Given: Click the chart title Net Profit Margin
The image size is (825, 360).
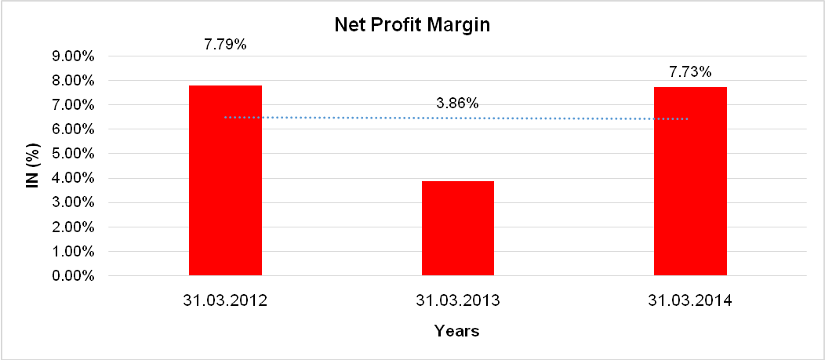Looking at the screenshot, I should pos(412,25).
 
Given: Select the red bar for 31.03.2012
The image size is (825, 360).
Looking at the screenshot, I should pos(225,180).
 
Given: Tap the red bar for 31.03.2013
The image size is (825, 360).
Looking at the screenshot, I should pos(458,228).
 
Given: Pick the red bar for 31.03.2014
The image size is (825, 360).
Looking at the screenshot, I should pos(690,181).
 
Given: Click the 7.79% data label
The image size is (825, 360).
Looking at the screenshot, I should pos(225,45).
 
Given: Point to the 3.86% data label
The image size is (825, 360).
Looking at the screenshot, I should pos(458,103).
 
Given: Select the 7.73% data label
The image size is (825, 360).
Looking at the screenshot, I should pos(690,72).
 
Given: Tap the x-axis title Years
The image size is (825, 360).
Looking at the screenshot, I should pos(457,331).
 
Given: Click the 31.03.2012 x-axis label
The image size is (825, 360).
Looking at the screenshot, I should pos(225,300).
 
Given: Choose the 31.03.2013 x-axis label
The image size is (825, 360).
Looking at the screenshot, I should pos(458,300).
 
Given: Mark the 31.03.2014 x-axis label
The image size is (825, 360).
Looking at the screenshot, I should pos(690,300).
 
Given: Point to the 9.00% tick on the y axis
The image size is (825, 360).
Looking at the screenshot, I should pos(72,56).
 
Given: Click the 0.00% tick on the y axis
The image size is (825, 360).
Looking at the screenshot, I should pos(72,276).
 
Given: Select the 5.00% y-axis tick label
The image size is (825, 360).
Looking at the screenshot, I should pos(72,154).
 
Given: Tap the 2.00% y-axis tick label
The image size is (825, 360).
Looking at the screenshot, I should pos(72,227).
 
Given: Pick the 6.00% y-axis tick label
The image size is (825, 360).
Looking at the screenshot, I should pos(72,129).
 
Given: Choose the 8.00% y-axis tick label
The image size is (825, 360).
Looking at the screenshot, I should pos(72,81).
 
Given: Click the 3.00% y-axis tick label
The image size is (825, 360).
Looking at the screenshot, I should pos(72,203).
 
